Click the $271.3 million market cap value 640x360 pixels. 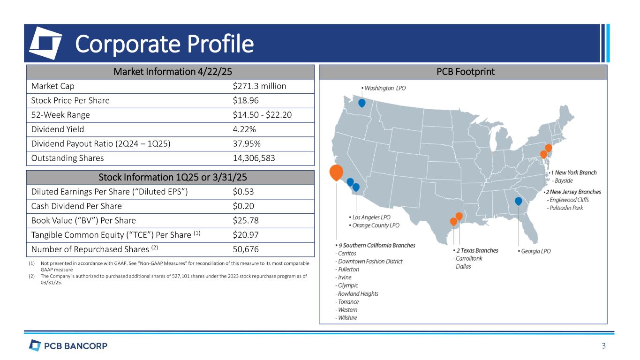coord(259,86)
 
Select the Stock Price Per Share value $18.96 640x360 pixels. coord(245,101)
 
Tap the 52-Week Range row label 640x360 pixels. coord(60,115)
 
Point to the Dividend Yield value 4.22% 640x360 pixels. coord(244,129)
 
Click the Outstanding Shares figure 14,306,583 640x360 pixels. coord(254,158)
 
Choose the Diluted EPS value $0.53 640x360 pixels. coord(243,192)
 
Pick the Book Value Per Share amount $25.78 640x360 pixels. coord(245,221)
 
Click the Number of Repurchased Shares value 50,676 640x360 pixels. coord(245,249)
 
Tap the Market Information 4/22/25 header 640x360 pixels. coord(173,72)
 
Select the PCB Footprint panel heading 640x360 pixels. coord(466,72)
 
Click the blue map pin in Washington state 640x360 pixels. coord(361,103)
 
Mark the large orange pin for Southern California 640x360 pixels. coord(336,172)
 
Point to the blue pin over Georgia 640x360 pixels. coord(519,201)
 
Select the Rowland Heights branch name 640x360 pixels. coord(358,294)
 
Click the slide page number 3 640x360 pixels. coord(604,346)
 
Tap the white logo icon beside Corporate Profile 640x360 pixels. coord(46,43)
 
